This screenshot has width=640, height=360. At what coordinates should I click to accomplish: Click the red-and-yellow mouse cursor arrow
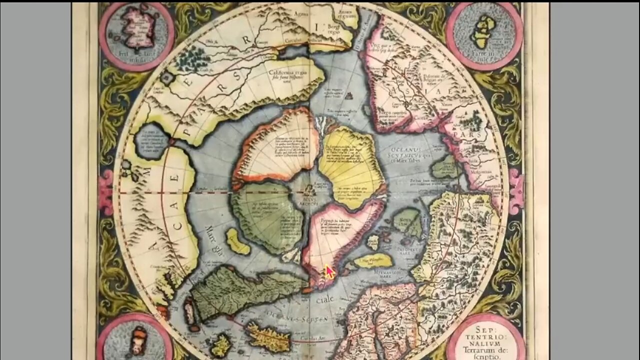329,272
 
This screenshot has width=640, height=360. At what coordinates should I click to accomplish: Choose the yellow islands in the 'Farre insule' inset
483,31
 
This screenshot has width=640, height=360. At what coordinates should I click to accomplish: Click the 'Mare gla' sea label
214,236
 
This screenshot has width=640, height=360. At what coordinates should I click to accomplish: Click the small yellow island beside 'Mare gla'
237,241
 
